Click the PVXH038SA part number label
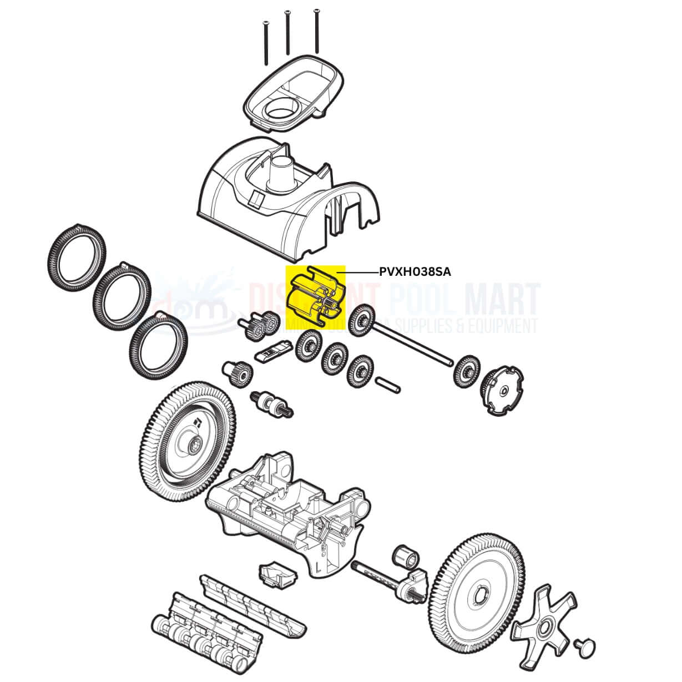(415, 272)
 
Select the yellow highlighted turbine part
(314, 294)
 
